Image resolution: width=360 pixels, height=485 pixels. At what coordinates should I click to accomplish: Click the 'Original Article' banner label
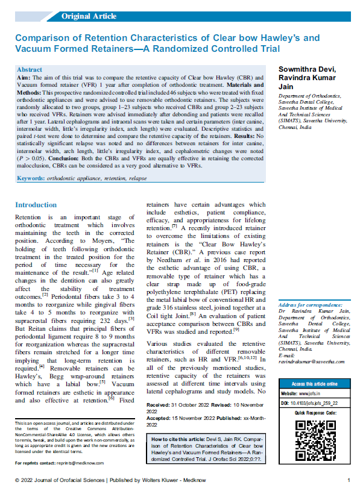[89, 16]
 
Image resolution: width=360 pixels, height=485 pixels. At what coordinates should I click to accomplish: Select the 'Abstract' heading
[30, 70]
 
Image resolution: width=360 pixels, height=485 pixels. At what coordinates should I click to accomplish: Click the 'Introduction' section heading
[36, 205]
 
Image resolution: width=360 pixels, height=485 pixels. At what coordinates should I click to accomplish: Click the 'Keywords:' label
[30, 179]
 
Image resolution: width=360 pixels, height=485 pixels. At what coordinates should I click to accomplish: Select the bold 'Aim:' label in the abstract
[25, 79]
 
